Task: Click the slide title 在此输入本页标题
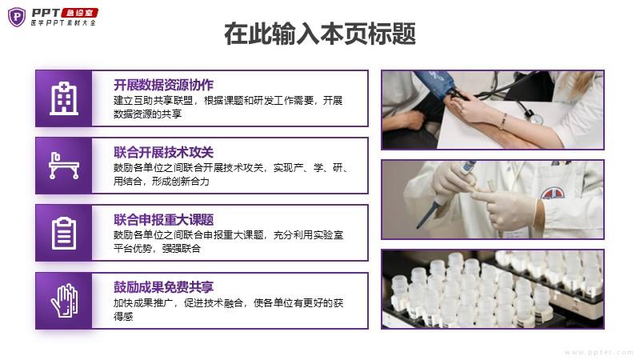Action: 320,34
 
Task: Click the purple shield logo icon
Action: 17,17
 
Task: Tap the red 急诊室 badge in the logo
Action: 79,13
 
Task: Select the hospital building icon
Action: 64,98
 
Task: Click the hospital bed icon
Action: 64,166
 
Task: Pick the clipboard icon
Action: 64,233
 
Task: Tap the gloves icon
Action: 64,301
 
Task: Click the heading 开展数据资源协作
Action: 163,85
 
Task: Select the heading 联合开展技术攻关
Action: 163,152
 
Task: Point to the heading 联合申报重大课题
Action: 163,219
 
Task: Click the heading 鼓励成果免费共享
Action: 163,287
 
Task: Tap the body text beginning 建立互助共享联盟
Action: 228,107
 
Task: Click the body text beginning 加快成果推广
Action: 228,310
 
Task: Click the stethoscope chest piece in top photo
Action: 534,118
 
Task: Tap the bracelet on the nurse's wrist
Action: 504,122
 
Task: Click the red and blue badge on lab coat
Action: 553,193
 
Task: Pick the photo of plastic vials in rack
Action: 492,289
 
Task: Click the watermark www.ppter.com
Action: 598,352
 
